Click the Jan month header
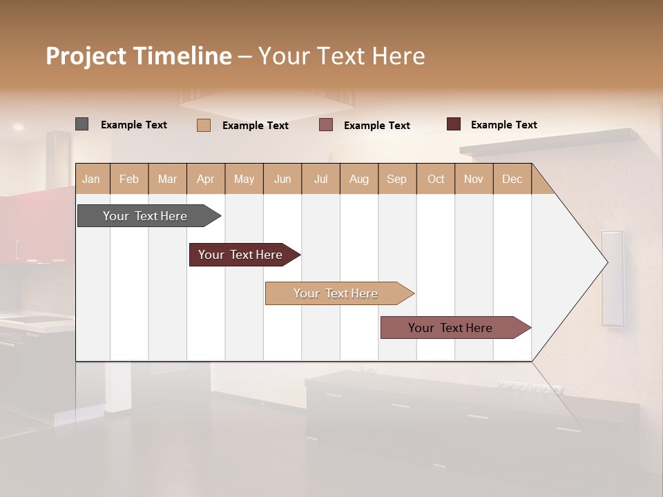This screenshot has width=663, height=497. coord(92,179)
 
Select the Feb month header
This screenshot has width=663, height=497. coord(129,179)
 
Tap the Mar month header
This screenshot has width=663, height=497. coord(167,179)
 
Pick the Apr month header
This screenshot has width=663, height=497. coord(206,179)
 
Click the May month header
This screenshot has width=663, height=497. coord(244,179)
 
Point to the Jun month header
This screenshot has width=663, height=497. coord(282,179)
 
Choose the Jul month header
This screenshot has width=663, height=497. coord(320,179)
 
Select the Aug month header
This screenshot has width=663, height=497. coord(359,179)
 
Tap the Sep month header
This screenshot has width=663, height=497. coord(397,179)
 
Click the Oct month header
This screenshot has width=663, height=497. coord(436,179)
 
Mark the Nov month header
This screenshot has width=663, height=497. coord(474,179)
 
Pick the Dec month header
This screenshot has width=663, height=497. coord(512,179)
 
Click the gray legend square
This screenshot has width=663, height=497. coord(81,124)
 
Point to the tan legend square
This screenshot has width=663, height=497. coord(203,125)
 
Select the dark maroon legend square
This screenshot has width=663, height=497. coord(453,124)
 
